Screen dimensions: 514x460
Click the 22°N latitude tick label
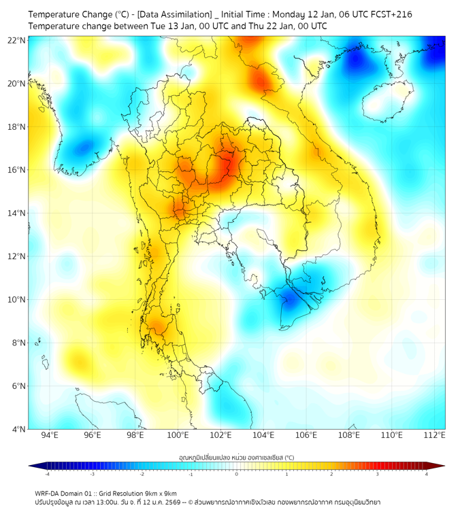coord(17,40)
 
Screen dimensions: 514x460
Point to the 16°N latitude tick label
coord(17,170)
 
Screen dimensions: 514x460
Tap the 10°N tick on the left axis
coord(17,300)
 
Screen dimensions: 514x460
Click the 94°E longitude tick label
coord(50,435)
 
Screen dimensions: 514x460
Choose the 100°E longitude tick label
coord(178,435)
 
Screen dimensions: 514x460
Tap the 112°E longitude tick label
coord(435,435)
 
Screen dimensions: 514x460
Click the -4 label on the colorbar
coord(47,474)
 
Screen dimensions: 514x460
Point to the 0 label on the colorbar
coord(237,474)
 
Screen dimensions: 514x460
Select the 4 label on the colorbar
coord(427,474)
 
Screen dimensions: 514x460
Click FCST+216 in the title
coord(390,14)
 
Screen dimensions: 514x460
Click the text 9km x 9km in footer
coord(158,493)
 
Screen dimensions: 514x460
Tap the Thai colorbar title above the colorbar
coord(236,458)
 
